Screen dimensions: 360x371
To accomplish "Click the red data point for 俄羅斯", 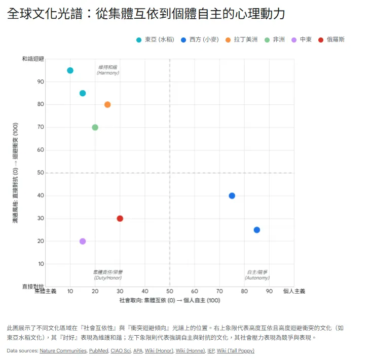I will pos(120,219).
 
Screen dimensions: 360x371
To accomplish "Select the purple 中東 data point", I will pos(83,242).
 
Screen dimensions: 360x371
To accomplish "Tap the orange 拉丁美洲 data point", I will pos(107,105).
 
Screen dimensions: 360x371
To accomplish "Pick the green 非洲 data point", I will pos(95,128).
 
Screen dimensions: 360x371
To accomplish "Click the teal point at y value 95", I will pos(70,70).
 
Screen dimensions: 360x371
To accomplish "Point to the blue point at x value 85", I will pos(257,230).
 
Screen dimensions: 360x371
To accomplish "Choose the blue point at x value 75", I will pos(232,196).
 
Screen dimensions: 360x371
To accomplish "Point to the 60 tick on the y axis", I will pos(41,150).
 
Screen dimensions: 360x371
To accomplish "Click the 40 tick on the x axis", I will pos(145,291).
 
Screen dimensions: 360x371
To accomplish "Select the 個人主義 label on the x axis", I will pos(294,291).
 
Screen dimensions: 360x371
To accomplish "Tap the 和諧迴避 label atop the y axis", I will pos(33,59).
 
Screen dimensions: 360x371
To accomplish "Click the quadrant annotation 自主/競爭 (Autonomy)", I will pos(257,275).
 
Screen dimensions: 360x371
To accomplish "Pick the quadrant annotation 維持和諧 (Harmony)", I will pos(107,70).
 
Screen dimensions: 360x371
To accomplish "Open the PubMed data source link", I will pos(98,350).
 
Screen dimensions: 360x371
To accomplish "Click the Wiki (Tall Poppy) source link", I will pos(235,350).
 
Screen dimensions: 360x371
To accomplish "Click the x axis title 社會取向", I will pos(169,301).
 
